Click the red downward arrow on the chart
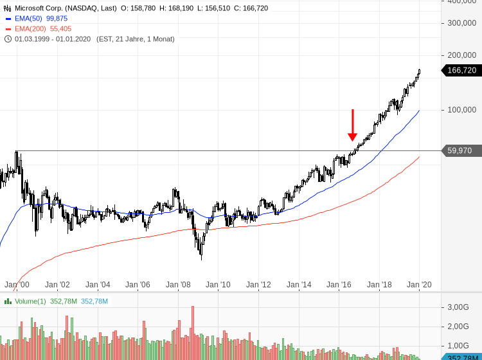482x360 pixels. (353, 125)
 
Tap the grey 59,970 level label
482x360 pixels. (460, 150)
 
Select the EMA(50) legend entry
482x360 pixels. (36, 19)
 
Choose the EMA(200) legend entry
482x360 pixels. (39, 29)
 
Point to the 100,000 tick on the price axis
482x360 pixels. (461, 110)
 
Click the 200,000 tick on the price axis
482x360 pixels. (461, 55)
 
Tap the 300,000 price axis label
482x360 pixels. (461, 23)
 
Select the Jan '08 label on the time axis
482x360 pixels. (178, 285)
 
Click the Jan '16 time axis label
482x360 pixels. (339, 285)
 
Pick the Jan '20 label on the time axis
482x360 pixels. (419, 285)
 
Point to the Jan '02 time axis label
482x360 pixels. (57, 285)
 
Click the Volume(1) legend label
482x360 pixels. (30, 301)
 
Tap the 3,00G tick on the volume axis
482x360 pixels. (458, 307)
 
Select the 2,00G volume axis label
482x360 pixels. (458, 327)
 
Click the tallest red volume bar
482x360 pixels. (193, 332)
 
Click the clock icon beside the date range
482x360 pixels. (8, 39)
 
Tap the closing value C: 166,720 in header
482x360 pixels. (251, 8)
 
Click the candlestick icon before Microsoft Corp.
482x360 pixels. (8, 8)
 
